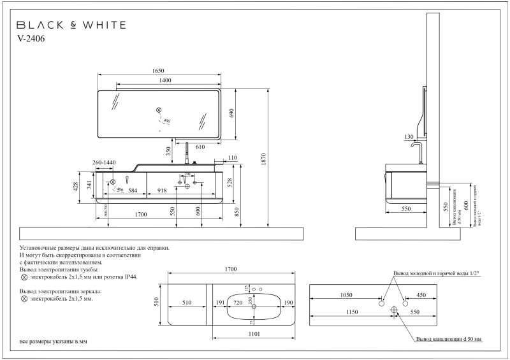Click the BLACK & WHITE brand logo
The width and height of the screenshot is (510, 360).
coord(71,25)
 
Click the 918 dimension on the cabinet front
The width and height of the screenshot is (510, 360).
coord(163,190)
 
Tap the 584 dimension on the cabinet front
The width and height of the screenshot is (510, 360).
coord(133,190)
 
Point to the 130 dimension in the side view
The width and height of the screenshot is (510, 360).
coord(409,137)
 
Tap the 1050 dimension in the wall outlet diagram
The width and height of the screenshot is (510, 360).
coord(346,295)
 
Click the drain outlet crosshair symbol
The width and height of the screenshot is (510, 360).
coord(394,310)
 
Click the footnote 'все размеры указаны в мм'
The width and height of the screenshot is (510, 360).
coord(54,342)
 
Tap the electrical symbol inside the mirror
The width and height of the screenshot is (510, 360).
coord(160,110)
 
